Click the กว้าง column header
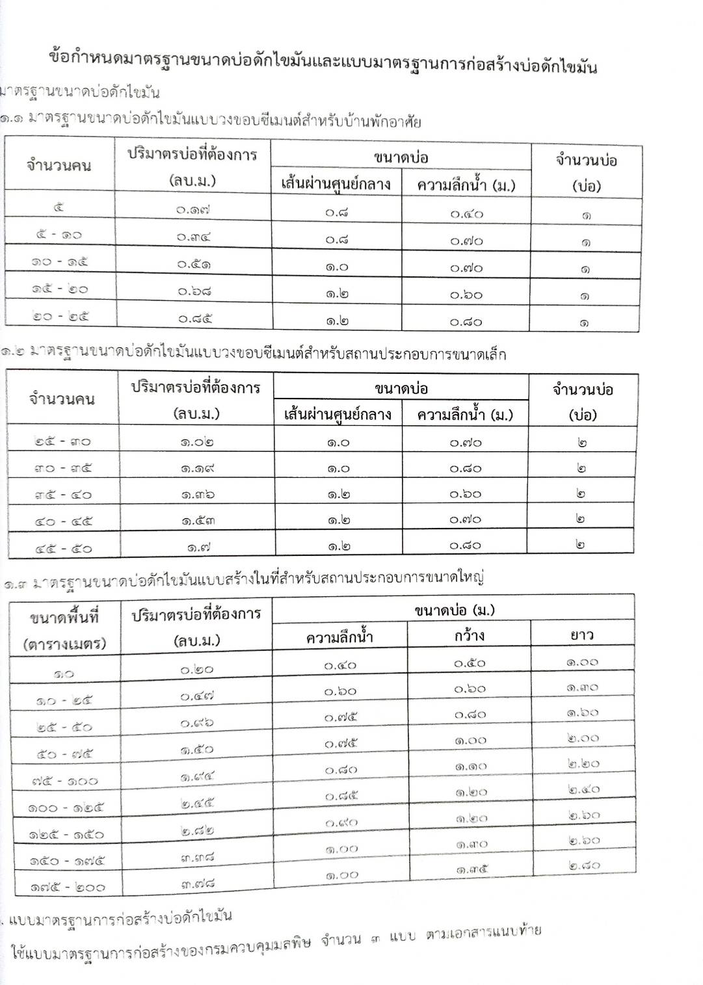pyautogui.click(x=469, y=635)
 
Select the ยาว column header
pyautogui.click(x=581, y=634)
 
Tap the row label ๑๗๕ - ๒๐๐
pyautogui.click(x=67, y=886)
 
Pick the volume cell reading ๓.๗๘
pyautogui.click(x=198, y=883)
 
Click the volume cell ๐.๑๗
pyautogui.click(x=194, y=209)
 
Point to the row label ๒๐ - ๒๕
pyautogui.click(x=60, y=317)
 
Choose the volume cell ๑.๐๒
pyautogui.click(x=197, y=441)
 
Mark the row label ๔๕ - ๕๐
pyautogui.click(x=64, y=548)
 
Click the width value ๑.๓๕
pyautogui.click(x=471, y=869)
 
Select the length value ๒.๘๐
pyautogui.click(x=583, y=865)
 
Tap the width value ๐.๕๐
pyautogui.click(x=469, y=663)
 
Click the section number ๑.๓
pyautogui.click(x=14, y=583)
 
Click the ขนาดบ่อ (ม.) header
pyautogui.click(x=454, y=610)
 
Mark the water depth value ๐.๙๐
pyautogui.click(x=341, y=822)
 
